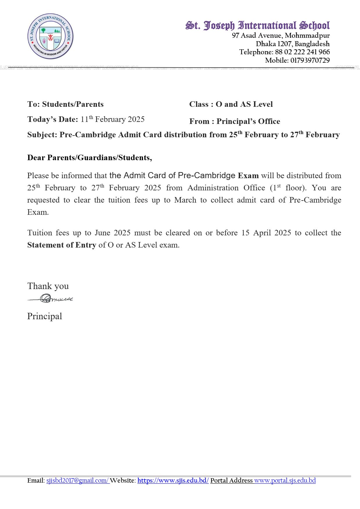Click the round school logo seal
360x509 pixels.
50,36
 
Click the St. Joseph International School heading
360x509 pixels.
258,26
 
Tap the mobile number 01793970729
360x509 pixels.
310,60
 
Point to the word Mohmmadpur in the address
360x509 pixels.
307,35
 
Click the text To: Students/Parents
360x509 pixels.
65,104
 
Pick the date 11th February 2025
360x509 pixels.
113,119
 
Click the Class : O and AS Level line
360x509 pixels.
231,104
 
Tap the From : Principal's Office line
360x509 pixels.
235,121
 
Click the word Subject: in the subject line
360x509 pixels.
42,135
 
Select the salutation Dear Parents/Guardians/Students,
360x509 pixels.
89,158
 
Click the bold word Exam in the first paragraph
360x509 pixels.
248,176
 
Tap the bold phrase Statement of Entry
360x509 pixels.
62,245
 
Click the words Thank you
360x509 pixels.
48,286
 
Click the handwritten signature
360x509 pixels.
51,298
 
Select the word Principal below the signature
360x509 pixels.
45,316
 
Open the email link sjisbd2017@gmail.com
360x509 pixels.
78,481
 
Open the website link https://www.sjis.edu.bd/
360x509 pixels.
173,481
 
